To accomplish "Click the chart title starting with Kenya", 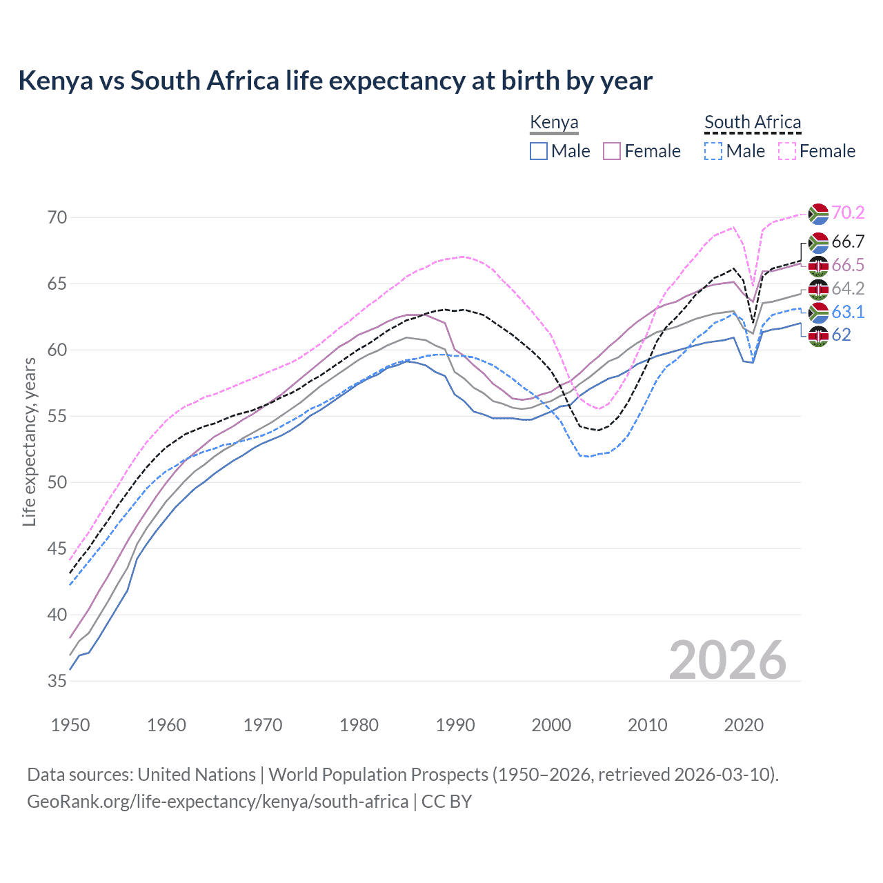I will coord(335,81).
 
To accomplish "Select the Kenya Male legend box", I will coord(539,151).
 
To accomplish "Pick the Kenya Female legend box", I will coord(612,151).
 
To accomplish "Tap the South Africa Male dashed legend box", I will coord(713,151).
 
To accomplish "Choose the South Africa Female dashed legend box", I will coord(787,151).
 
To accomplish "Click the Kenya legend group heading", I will coord(554,123).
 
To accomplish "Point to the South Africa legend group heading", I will coord(753,123).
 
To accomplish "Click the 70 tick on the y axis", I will coord(57,217).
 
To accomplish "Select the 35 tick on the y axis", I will coord(57,681).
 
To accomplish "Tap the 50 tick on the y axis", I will coord(57,482).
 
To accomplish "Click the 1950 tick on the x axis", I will coord(70,725).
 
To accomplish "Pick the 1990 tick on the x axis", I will coord(455,725).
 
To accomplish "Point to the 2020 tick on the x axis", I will coord(744,725).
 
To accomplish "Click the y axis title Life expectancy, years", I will coord(29,442).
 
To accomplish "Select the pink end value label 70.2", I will coord(848,212).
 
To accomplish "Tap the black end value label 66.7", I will coord(848,241).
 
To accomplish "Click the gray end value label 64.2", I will coord(848,288).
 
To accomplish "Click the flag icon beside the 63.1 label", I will coord(818,312).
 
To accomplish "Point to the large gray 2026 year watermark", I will coord(728,660).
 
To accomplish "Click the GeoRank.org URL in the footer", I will coord(217,802).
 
